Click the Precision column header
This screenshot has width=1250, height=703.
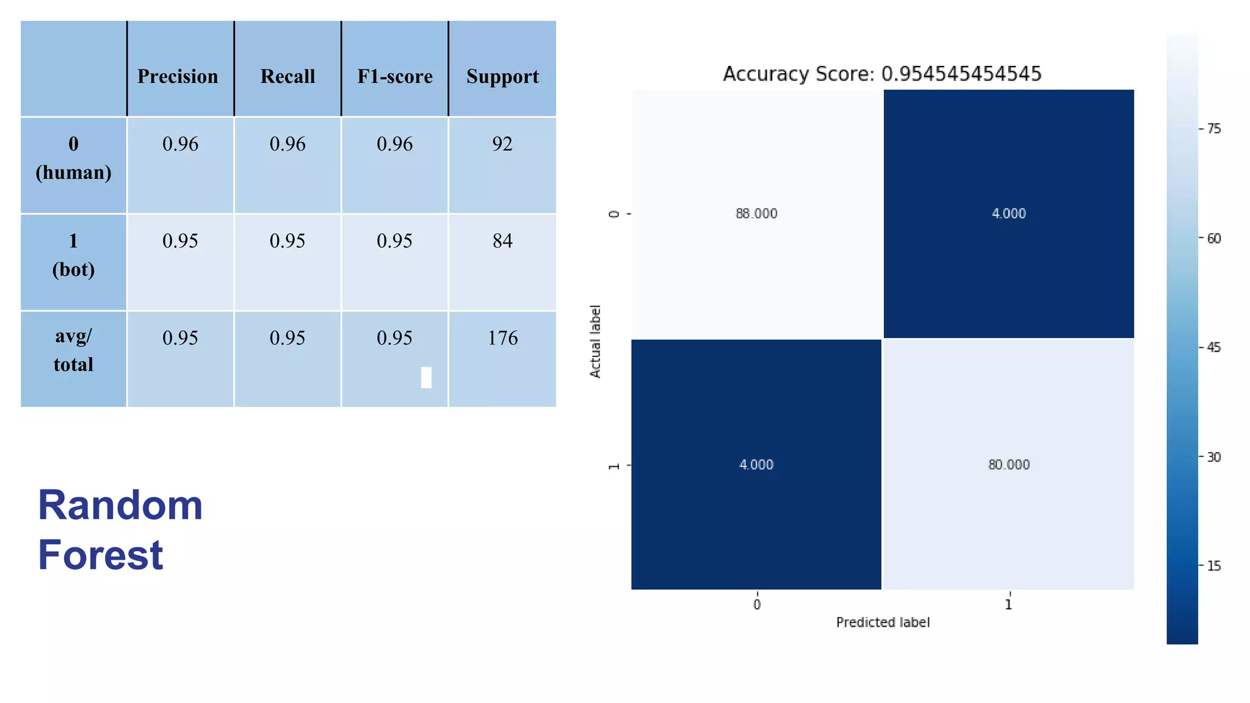tap(178, 76)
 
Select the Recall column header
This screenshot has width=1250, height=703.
tap(287, 76)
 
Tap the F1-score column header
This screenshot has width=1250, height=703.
tap(395, 76)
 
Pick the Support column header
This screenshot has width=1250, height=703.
tap(502, 76)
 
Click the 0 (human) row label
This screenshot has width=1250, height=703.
tap(73, 158)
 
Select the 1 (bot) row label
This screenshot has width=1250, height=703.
tap(73, 254)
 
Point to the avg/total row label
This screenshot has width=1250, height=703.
tap(73, 350)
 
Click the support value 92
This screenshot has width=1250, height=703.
tap(502, 144)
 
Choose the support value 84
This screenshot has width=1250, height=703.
tap(502, 241)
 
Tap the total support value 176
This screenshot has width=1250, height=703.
tap(502, 338)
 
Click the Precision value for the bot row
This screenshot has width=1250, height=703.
tap(180, 241)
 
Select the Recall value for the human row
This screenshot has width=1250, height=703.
tap(287, 144)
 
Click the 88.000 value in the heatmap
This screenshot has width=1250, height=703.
tap(756, 214)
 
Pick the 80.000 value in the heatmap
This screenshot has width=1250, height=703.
tap(1009, 465)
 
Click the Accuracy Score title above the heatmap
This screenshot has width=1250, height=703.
tap(882, 74)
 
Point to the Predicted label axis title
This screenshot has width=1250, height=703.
tap(883, 622)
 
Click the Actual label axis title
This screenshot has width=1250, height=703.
tap(595, 341)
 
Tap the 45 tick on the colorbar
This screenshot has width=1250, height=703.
tap(1213, 347)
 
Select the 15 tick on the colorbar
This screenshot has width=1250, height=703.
tap(1213, 566)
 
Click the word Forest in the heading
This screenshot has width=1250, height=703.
tap(101, 555)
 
